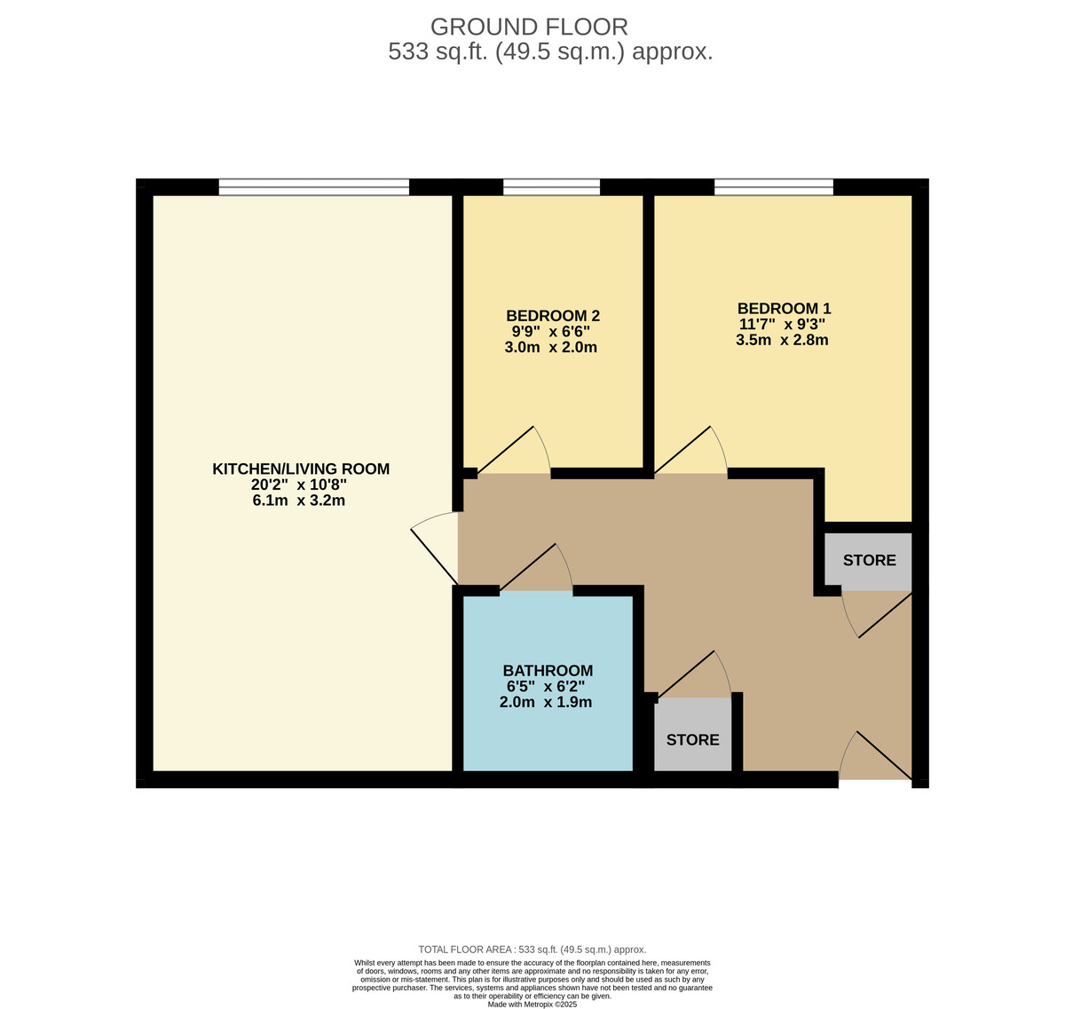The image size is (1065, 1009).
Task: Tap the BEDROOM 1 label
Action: click(784, 309)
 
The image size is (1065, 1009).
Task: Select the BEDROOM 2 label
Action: click(553, 316)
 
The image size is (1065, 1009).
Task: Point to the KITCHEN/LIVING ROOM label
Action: click(301, 469)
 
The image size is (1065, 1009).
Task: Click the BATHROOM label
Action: click(548, 671)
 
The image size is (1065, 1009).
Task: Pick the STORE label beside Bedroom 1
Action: click(869, 560)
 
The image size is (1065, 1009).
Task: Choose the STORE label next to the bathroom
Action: click(692, 739)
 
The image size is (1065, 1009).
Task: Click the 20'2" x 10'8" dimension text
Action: click(299, 485)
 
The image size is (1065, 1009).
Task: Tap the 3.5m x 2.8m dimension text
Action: click(782, 340)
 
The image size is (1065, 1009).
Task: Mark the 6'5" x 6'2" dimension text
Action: click(546, 686)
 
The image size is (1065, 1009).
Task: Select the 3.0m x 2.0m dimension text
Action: click(550, 347)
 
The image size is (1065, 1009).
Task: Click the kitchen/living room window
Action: click(314, 186)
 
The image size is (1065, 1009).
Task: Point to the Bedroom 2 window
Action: click(551, 186)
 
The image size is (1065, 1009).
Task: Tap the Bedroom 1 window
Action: click(774, 186)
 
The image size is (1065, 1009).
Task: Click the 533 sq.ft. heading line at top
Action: click(550, 52)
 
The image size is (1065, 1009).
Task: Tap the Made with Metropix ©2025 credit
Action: click(532, 1004)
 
